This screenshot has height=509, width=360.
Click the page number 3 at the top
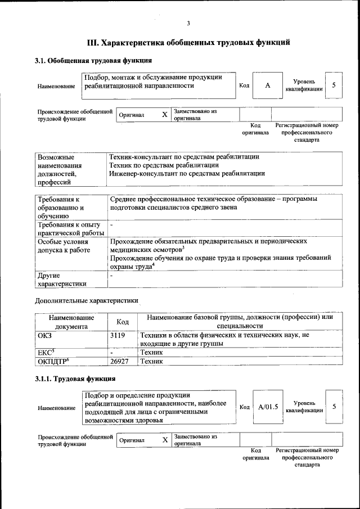pos(188,23)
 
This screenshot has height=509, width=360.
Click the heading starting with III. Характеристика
pos(188,42)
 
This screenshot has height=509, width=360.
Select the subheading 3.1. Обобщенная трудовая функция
pos(93,60)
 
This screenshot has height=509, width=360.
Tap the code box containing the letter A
pos(267,85)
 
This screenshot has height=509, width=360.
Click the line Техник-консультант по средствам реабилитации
pos(184,157)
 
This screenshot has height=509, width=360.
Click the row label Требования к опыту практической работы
pos(70,229)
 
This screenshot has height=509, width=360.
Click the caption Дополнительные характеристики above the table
pos(86,301)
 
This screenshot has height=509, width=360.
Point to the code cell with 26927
pos(123,362)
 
